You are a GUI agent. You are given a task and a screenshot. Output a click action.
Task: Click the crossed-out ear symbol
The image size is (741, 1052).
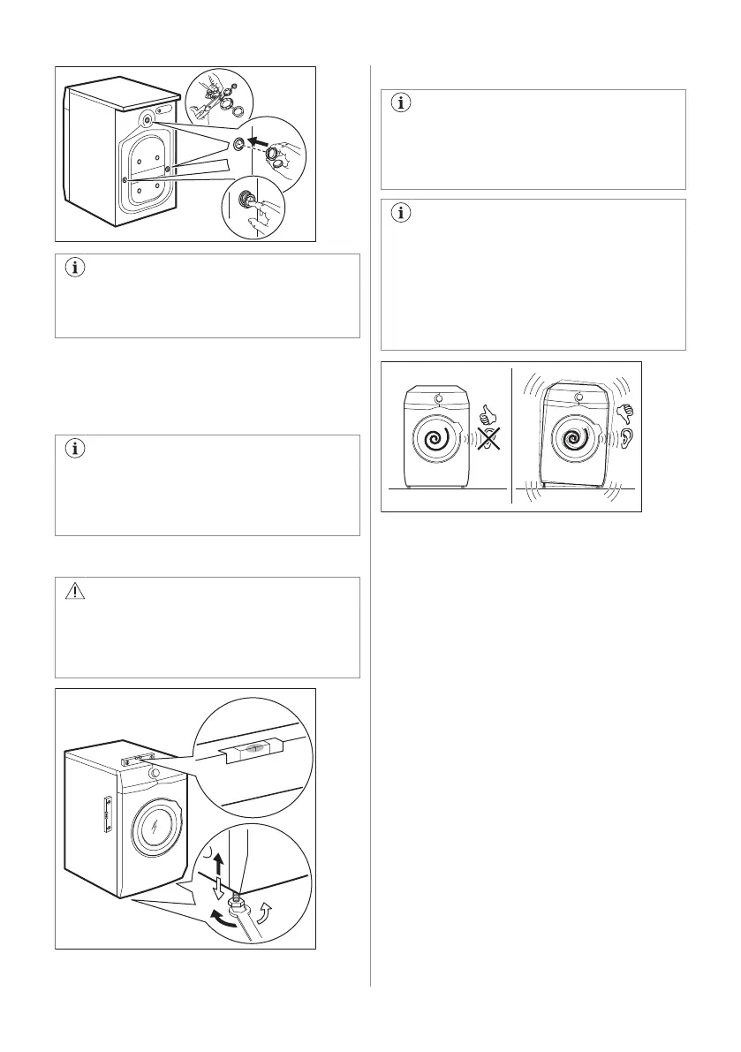pyautogui.click(x=484, y=436)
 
